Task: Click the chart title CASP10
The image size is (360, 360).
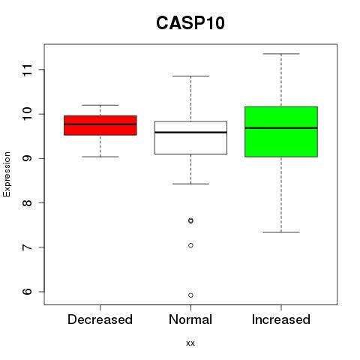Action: pos(190,23)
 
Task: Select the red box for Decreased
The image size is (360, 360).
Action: pos(100,125)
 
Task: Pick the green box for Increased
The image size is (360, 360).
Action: pos(281,132)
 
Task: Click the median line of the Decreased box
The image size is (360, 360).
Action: pos(100,124)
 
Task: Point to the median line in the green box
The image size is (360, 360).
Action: pos(281,127)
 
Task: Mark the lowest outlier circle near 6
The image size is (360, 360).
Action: pos(190,295)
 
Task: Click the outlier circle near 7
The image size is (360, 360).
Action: pos(190,245)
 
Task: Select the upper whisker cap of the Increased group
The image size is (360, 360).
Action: pos(281,54)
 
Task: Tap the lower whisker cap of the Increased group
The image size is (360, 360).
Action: pos(281,232)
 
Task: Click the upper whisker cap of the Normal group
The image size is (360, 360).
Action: pos(190,76)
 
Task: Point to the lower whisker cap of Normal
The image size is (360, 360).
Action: pos(190,184)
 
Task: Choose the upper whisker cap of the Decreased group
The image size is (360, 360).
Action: pos(100,105)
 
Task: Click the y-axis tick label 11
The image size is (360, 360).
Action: pos(28,70)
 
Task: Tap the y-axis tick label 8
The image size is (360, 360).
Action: pos(28,202)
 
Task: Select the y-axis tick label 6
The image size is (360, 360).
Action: pos(28,292)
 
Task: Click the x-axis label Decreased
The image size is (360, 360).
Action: pos(100,319)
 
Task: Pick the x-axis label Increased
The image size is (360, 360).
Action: pos(281,319)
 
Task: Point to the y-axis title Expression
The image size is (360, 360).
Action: pos(7,174)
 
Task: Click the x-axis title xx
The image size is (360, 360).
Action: pos(190,343)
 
